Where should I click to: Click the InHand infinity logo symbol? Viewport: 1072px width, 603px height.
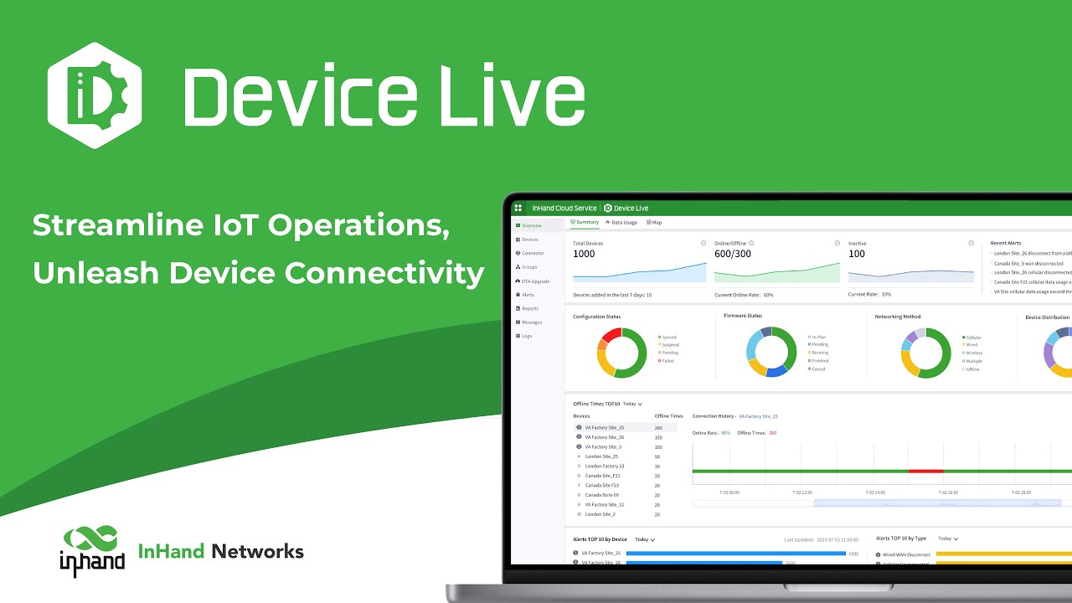91,539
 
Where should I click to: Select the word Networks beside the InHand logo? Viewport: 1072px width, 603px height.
257,551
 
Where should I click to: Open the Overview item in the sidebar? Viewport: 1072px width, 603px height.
531,225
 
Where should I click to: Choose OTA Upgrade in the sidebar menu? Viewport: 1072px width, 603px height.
535,281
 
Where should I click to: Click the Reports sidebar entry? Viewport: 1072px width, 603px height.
529,308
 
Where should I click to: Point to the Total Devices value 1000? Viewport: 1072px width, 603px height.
584,254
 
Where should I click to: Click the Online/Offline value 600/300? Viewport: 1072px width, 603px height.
732,254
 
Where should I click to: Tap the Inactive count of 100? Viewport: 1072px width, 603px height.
857,254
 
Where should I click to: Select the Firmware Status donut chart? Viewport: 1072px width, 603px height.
771,352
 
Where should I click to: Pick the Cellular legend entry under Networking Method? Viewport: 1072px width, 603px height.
972,338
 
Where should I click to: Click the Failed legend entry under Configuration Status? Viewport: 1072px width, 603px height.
667,361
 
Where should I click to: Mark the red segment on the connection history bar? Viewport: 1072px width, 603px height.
925,471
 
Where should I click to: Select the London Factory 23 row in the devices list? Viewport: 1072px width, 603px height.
604,466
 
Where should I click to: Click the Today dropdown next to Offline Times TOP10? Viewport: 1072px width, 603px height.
632,404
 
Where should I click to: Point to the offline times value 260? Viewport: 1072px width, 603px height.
658,428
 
